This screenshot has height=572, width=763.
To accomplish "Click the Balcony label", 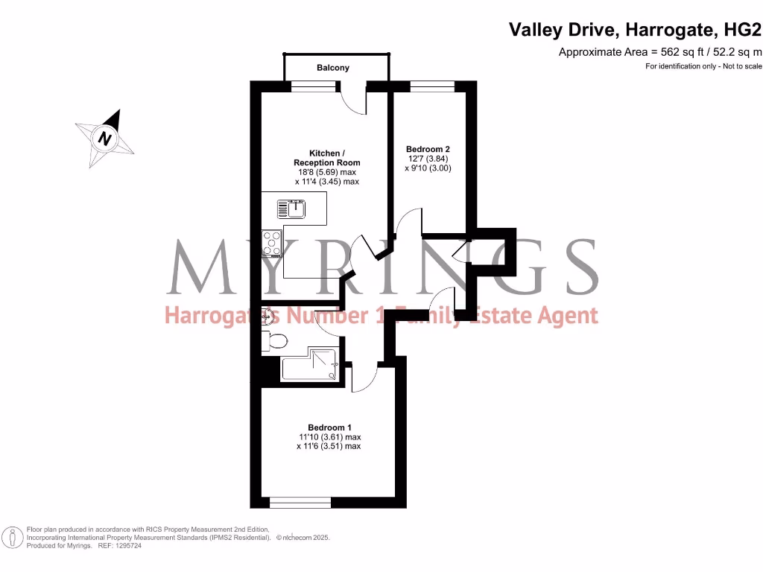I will tap(332, 68).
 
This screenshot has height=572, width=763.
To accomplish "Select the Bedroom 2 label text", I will tap(428, 148).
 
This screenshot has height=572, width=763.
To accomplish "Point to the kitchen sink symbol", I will tap(291, 209).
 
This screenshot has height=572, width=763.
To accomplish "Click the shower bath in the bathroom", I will tap(308, 368).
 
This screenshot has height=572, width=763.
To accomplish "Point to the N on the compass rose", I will tap(105, 139).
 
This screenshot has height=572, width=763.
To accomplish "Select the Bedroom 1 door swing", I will tap(364, 377).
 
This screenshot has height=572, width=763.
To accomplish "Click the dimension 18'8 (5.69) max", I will tap(327, 172).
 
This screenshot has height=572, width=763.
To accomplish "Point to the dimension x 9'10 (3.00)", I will tap(428, 168).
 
